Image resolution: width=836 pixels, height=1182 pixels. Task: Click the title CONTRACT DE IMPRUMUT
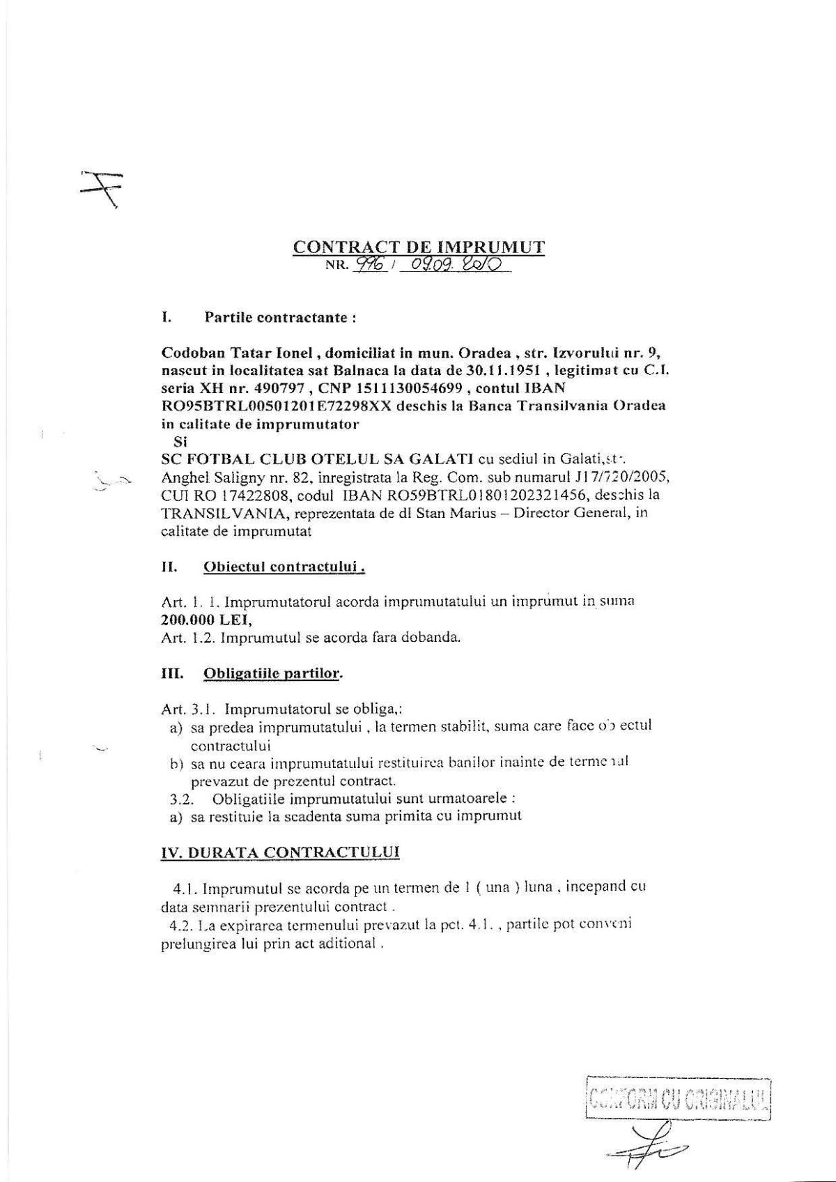coord(419,247)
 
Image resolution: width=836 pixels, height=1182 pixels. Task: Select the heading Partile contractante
coord(281,318)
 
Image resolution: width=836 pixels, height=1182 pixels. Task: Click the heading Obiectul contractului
coord(285,567)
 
